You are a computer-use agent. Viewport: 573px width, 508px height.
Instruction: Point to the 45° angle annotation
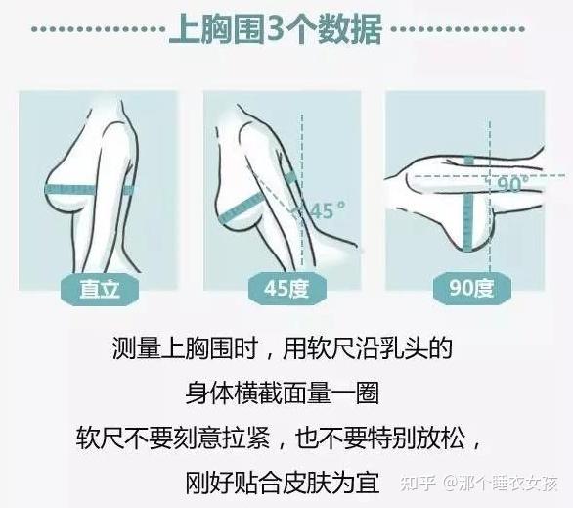click(x=328, y=209)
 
